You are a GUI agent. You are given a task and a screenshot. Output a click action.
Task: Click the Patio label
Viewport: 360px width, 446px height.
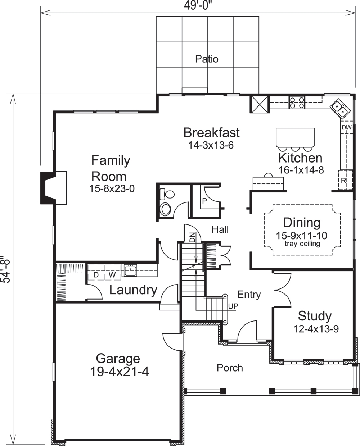click(x=207, y=59)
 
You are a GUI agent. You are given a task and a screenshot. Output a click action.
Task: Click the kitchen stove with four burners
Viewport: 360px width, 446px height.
click(x=297, y=103)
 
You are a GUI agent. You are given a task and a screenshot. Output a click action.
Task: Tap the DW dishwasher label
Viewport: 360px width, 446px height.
click(x=346, y=128)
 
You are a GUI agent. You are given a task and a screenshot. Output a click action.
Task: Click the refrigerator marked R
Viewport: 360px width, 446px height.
click(x=344, y=181)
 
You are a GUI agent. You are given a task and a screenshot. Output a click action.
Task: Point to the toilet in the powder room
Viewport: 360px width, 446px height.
click(x=166, y=209)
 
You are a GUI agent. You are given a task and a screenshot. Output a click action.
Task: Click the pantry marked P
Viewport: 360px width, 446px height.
click(x=204, y=201)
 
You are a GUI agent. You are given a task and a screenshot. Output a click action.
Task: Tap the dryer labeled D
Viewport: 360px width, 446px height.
click(x=96, y=275)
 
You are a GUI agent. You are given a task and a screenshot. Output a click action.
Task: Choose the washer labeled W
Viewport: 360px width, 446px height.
click(x=112, y=275)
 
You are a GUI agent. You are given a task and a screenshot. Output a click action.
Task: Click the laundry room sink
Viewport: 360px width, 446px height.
click(x=130, y=270)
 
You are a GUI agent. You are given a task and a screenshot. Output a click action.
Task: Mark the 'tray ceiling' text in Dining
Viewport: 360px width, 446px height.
click(x=302, y=244)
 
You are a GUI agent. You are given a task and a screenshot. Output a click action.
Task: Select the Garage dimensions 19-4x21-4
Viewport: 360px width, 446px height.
click(x=119, y=371)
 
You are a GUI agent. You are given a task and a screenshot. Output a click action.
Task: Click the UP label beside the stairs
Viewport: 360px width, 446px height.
click(x=233, y=306)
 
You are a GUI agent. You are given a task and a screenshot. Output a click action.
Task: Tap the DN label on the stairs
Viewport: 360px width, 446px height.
click(x=192, y=237)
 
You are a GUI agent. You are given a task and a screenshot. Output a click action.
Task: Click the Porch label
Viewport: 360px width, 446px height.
click(x=230, y=368)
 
